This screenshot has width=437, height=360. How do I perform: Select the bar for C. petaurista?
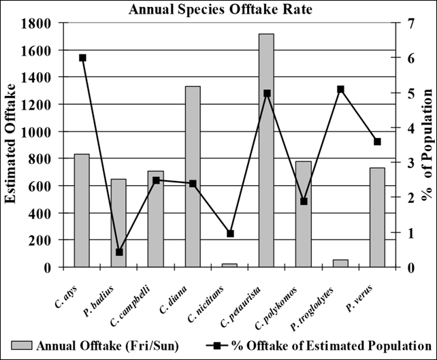(x=266, y=150)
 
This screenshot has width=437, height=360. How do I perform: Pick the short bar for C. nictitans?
(x=229, y=265)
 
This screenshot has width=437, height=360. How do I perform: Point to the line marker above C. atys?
(x=82, y=58)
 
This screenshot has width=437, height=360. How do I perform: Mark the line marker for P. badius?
(x=119, y=252)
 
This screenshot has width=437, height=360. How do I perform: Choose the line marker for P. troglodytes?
(x=340, y=89)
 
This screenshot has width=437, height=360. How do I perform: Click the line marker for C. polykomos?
(x=304, y=201)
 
